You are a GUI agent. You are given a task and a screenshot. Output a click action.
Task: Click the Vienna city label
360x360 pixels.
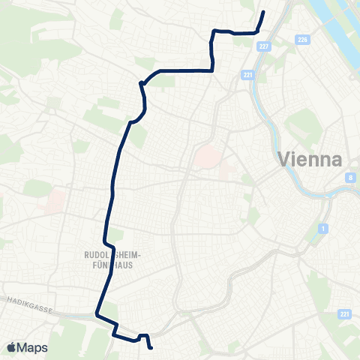(309, 159)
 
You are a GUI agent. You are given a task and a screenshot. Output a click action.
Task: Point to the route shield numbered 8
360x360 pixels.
(350, 178)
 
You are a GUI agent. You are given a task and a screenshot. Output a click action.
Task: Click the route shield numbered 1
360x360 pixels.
(322, 227)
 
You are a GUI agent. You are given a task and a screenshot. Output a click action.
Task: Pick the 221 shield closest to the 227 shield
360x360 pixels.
(248, 75)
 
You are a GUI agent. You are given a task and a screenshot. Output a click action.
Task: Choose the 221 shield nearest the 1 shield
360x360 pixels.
(343, 314)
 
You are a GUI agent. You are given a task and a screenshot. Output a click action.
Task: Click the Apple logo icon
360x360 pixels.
(12, 347)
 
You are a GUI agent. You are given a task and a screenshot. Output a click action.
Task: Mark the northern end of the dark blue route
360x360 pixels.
(264, 12)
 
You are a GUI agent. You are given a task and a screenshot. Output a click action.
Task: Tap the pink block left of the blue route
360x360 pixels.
(55, 199)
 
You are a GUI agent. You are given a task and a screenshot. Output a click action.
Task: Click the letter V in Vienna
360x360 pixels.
(283, 160)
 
